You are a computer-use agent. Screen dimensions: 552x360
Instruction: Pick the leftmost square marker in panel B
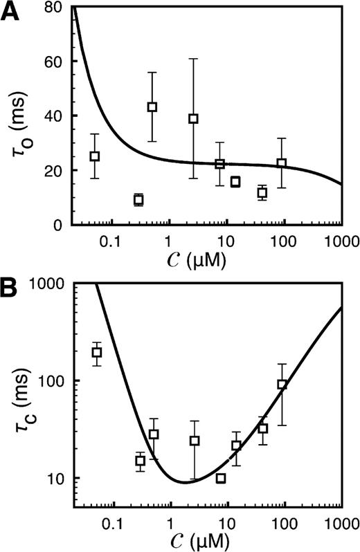tap(97, 353)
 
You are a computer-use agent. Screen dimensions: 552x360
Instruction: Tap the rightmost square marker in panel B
tap(282, 385)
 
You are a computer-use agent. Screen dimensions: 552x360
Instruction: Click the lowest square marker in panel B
tap(221, 479)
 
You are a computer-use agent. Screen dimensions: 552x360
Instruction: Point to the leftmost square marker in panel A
tap(95, 156)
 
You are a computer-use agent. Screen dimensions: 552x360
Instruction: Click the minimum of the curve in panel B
tap(183, 481)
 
